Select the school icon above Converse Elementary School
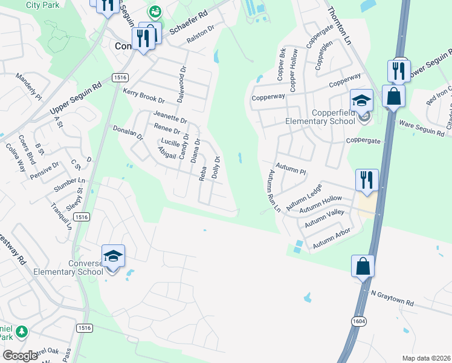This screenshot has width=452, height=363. pyautogui.click(x=113, y=257)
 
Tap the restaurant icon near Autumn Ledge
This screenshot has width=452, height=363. pyautogui.click(x=366, y=180)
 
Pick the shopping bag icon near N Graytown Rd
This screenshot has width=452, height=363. pyautogui.click(x=362, y=266)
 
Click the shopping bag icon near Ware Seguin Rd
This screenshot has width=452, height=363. pyautogui.click(x=393, y=96)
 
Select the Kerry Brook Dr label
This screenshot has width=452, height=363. pyautogui.click(x=143, y=95)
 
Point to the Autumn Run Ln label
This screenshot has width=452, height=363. pyautogui.click(x=274, y=189)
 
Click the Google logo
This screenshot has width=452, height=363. pyautogui.click(x=20, y=355)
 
